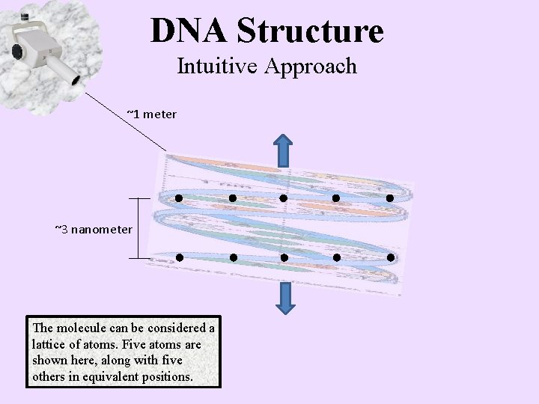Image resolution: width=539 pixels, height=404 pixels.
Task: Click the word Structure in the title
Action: [310, 30]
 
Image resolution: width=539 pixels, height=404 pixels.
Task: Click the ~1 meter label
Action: [151, 114]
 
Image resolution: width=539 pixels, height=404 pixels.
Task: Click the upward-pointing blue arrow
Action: [284, 150]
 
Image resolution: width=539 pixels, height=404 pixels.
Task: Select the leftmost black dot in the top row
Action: [179, 198]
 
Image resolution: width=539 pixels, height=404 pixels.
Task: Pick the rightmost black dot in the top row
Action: [390, 198]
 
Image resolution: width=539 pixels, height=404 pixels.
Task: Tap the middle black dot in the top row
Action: [284, 198]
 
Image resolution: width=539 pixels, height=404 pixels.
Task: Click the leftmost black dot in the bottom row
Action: [179, 257]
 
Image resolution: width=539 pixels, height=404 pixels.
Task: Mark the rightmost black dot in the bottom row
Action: [390, 257]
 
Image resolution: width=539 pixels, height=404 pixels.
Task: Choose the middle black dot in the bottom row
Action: [284, 257]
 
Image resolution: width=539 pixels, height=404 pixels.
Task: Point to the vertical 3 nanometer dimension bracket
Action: [139, 228]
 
